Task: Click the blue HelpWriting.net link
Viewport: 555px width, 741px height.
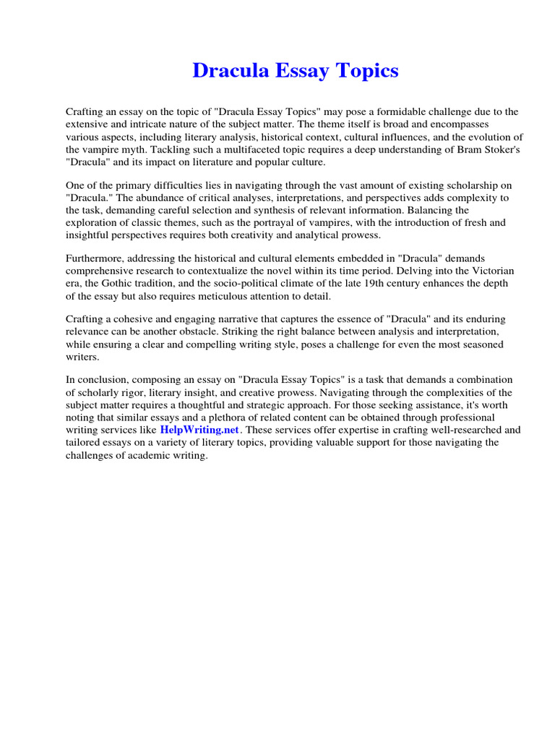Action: tap(199, 430)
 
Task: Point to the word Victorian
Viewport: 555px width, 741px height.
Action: tap(492, 271)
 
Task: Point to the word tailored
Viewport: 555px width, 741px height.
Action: tap(87, 443)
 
